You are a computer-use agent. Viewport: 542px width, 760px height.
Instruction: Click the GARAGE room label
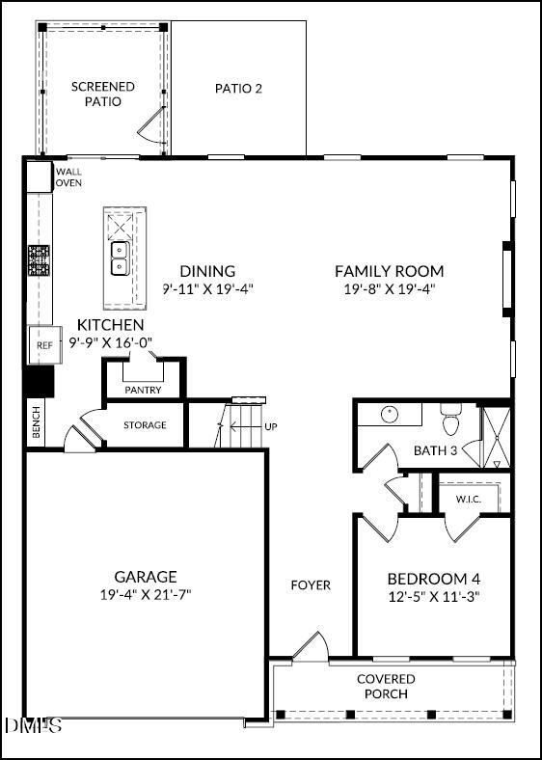pyautogui.click(x=146, y=577)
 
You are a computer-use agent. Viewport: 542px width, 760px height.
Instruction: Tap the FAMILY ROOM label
pyautogui.click(x=390, y=271)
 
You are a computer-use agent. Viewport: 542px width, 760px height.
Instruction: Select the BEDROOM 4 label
pyautogui.click(x=433, y=579)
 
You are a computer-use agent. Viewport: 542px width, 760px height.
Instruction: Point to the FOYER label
pyautogui.click(x=311, y=584)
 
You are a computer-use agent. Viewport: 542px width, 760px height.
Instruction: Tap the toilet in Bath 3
pyautogui.click(x=451, y=421)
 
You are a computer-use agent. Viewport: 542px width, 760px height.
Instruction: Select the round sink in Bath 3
pyautogui.click(x=388, y=415)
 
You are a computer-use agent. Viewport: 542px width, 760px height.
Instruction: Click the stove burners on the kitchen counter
pyautogui.click(x=39, y=261)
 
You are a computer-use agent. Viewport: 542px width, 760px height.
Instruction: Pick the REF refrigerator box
pyautogui.click(x=42, y=345)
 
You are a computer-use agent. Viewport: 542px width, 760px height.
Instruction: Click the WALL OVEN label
pyautogui.click(x=68, y=176)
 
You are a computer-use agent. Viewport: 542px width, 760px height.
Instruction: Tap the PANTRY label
pyautogui.click(x=143, y=391)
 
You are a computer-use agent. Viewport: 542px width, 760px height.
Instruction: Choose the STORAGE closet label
pyautogui.click(x=145, y=425)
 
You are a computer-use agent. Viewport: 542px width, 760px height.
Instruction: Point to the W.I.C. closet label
pyautogui.click(x=469, y=499)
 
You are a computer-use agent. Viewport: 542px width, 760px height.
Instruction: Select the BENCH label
pyautogui.click(x=37, y=423)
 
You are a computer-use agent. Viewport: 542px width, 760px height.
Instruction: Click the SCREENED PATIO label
pyautogui.click(x=103, y=94)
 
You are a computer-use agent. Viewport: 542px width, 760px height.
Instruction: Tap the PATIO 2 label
pyautogui.click(x=238, y=89)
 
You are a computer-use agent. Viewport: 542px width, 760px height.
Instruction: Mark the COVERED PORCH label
pyautogui.click(x=386, y=686)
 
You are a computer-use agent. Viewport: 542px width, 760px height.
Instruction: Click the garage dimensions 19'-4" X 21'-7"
pyautogui.click(x=146, y=594)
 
